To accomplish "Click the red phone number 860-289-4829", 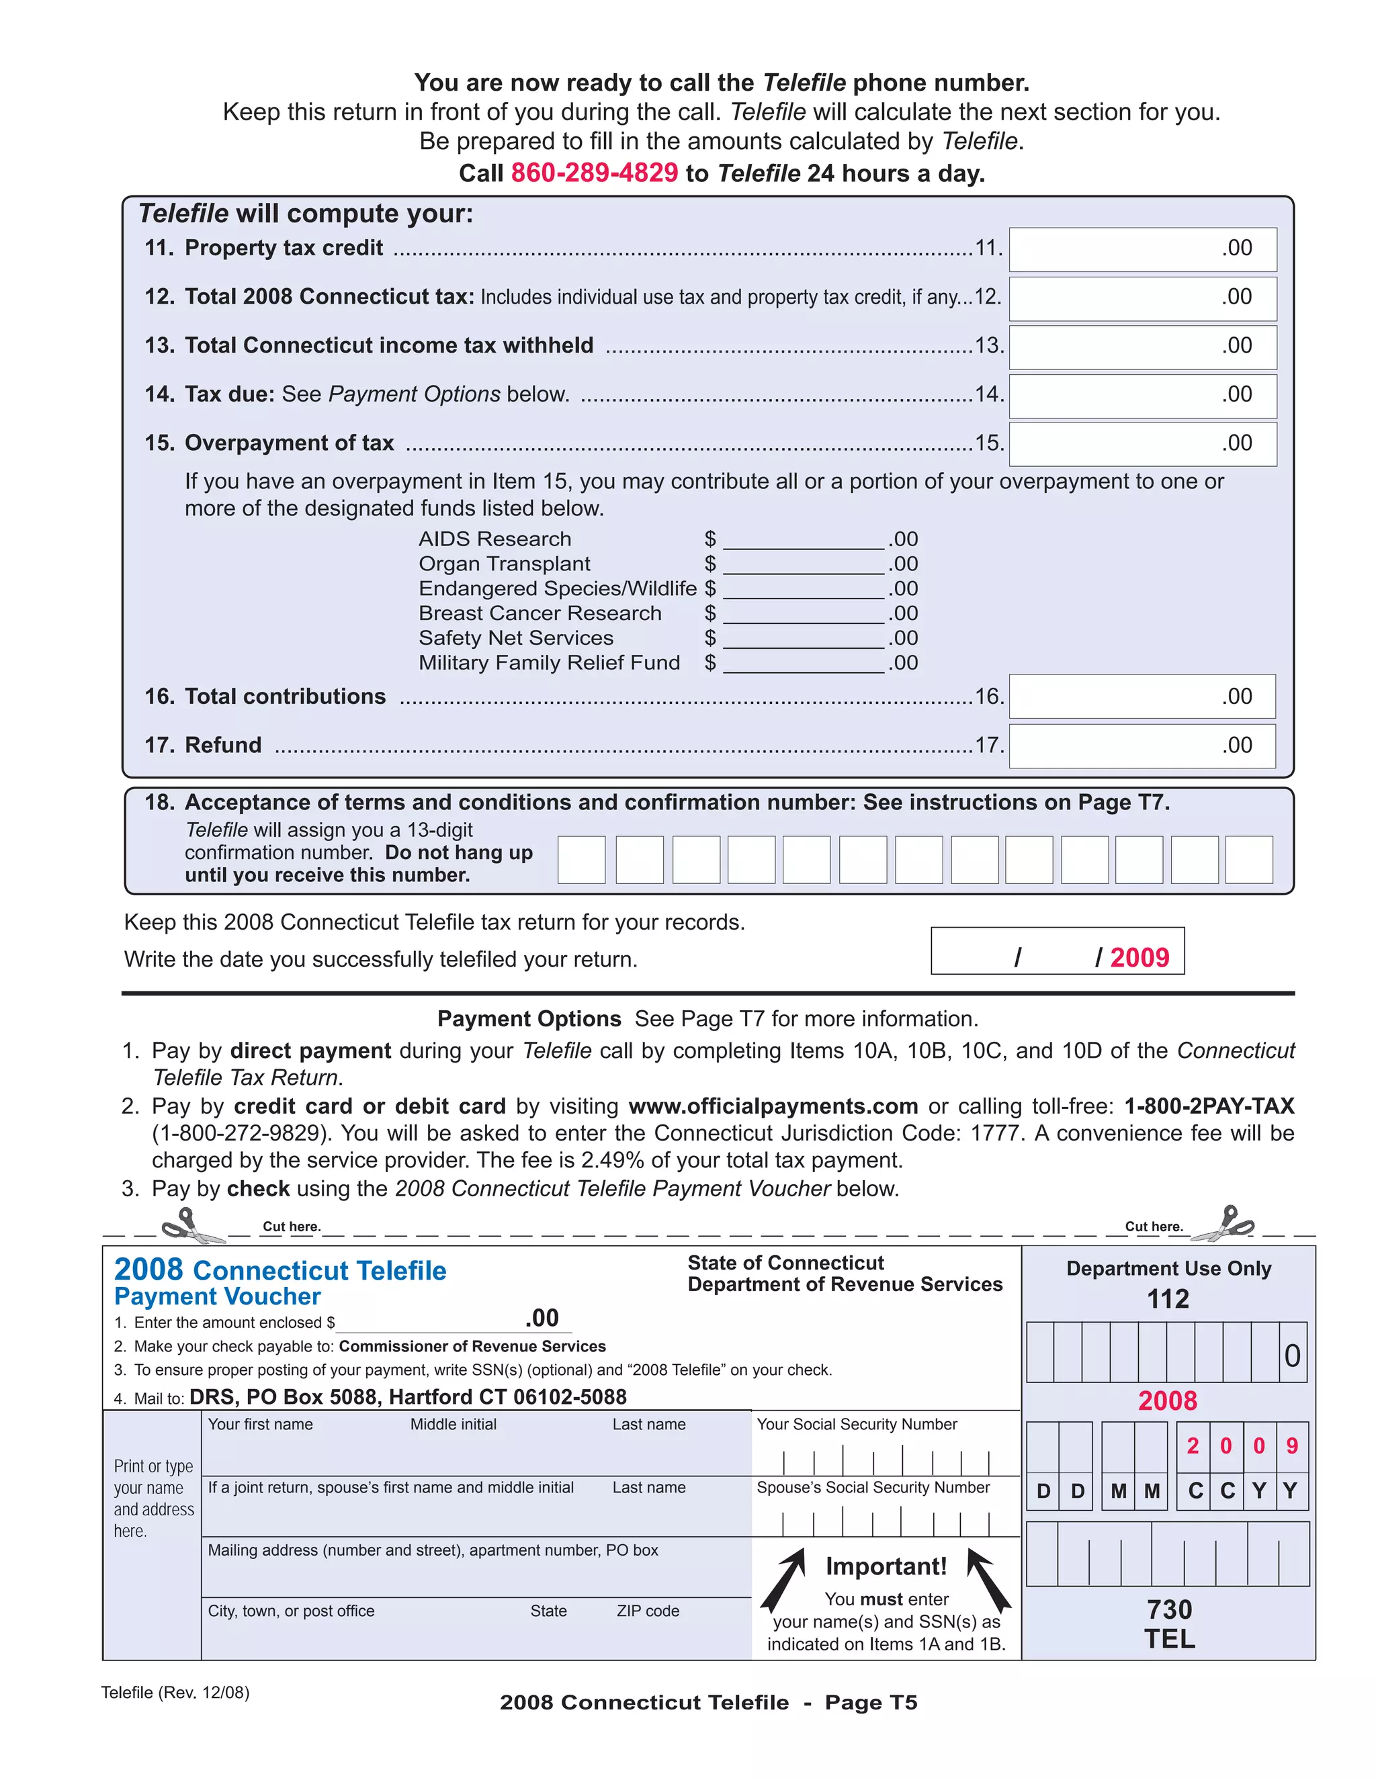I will click(x=593, y=173).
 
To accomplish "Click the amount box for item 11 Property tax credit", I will click(x=1142, y=249).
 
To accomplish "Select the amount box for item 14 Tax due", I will click(x=1142, y=395).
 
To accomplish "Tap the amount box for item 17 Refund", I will click(x=1142, y=746).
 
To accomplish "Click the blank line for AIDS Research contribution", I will click(x=803, y=539).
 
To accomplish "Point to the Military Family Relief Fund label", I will click(x=549, y=662).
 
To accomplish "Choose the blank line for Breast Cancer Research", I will click(x=803, y=614).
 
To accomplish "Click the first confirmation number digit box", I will click(x=581, y=859).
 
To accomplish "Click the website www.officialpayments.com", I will click(x=773, y=1106).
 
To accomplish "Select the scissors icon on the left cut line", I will click(x=192, y=1226).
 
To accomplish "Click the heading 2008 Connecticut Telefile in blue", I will click(x=279, y=1270).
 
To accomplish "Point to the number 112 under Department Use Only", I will click(x=1167, y=1299).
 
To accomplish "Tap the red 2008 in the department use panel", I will click(x=1167, y=1400).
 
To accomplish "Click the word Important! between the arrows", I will click(x=886, y=1566).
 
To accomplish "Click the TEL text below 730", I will click(x=1169, y=1638).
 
